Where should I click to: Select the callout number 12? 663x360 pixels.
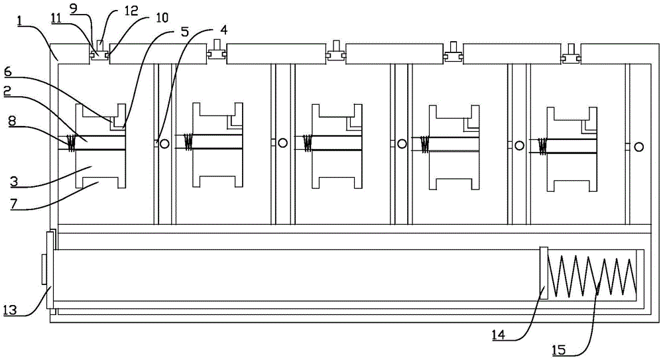pos(112,12)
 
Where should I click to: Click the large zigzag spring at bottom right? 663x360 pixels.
pos(592,275)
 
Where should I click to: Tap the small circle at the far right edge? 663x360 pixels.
pos(638,147)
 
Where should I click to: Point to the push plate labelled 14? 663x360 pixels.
pos(544,272)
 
